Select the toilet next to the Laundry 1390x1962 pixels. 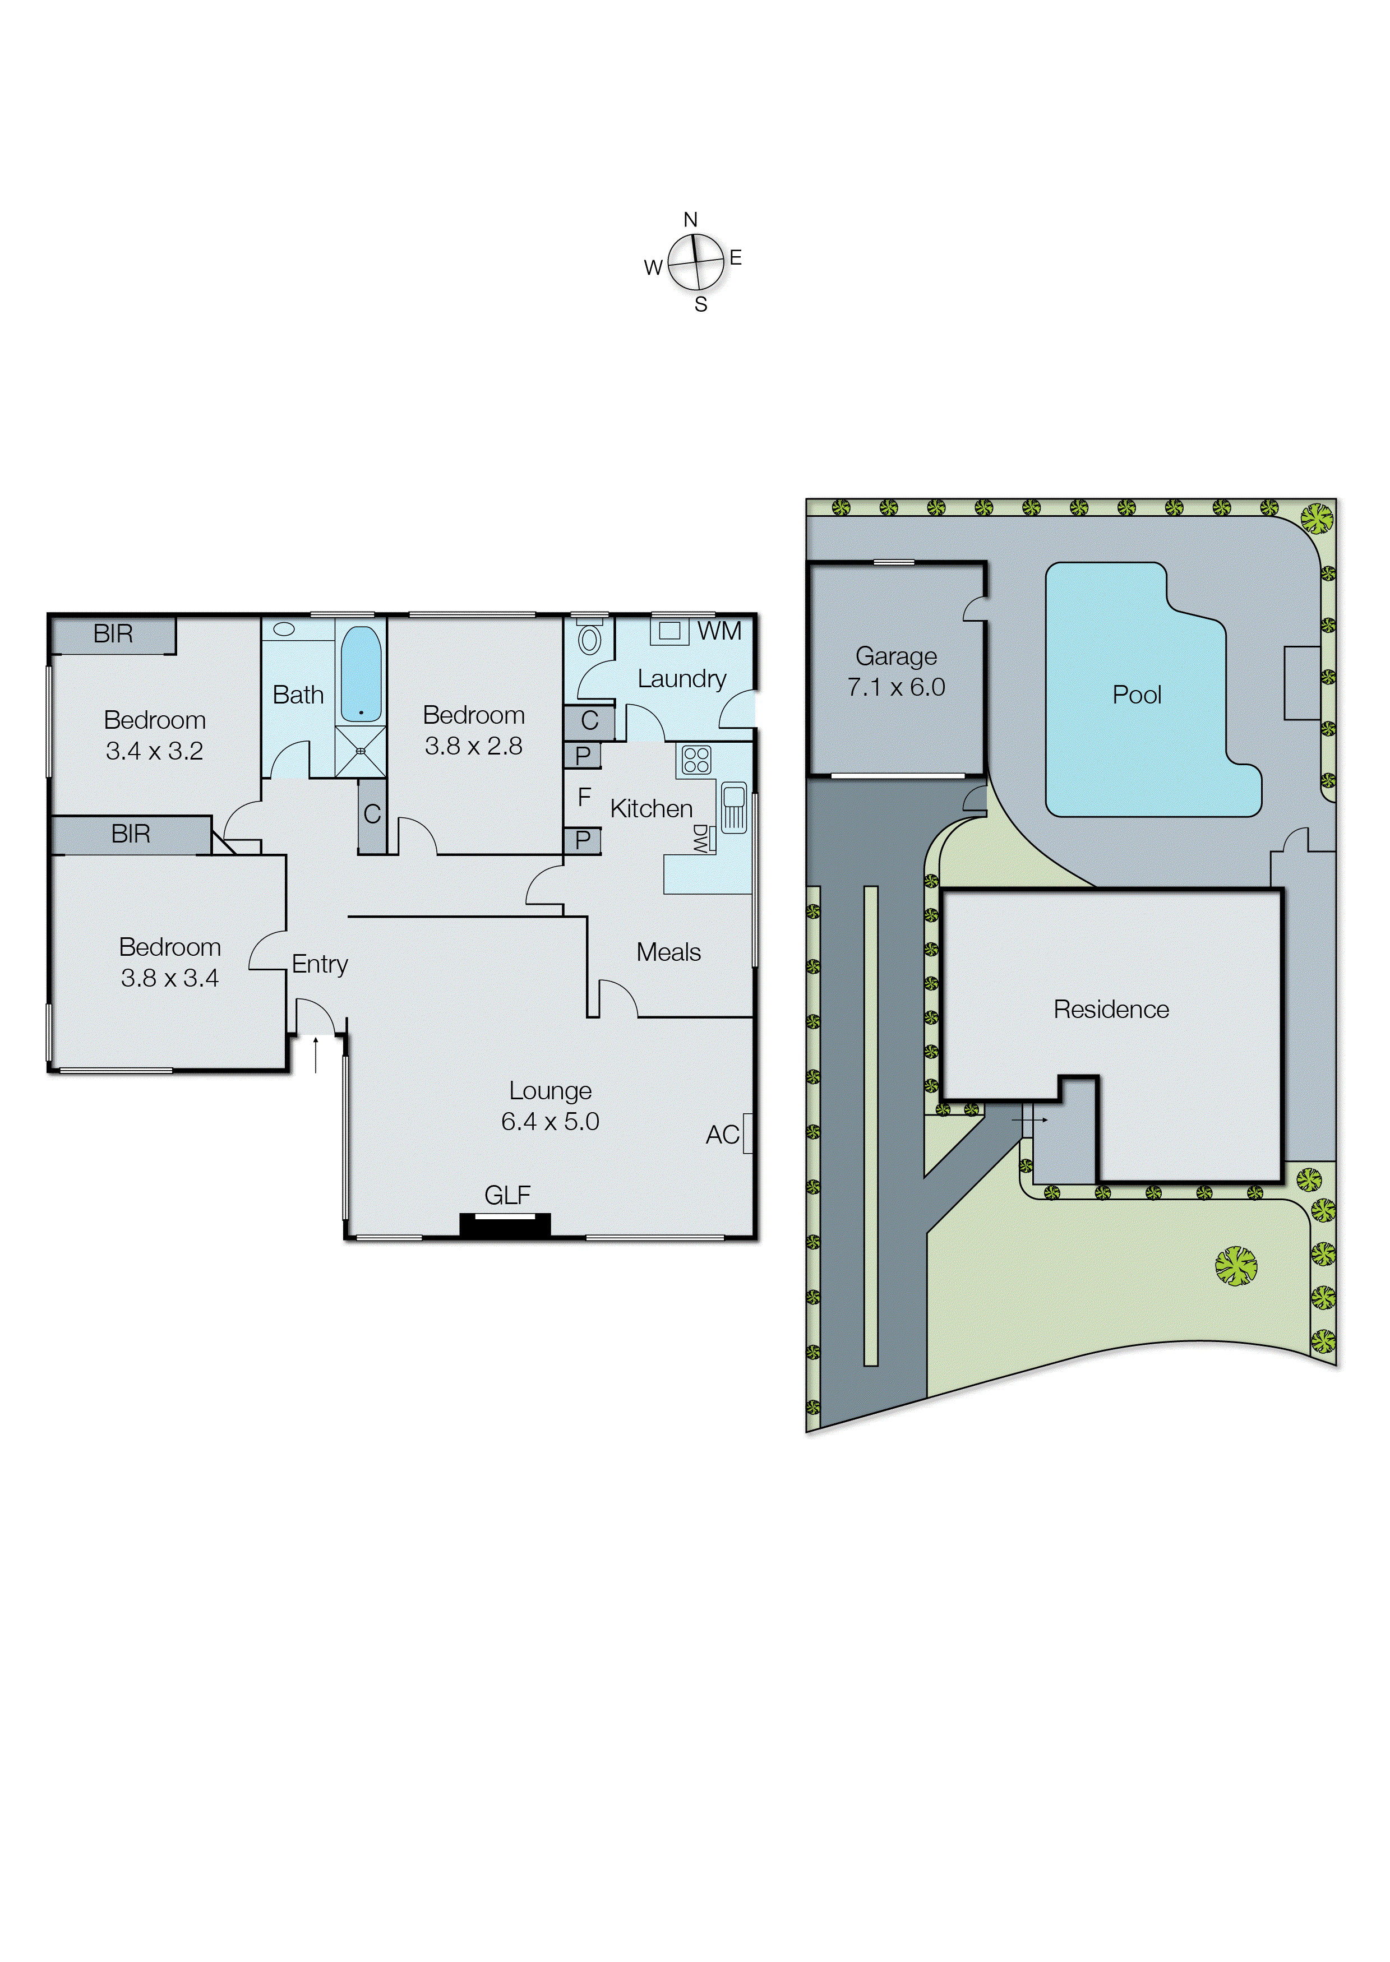pyautogui.click(x=589, y=639)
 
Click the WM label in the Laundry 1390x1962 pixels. pyautogui.click(x=719, y=631)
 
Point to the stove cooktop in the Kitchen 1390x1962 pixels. pyautogui.click(x=696, y=760)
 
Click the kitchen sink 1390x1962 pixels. pyautogui.click(x=733, y=807)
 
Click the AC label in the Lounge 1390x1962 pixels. pyautogui.click(x=722, y=1135)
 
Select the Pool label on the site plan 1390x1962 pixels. pyautogui.click(x=1136, y=695)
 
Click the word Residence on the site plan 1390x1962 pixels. pyautogui.click(x=1110, y=1010)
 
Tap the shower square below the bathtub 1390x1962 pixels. pyautogui.click(x=361, y=751)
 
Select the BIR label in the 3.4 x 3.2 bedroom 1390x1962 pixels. pyautogui.click(x=113, y=634)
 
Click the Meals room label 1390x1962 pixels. pyautogui.click(x=668, y=952)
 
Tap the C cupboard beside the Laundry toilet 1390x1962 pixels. pyautogui.click(x=589, y=721)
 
